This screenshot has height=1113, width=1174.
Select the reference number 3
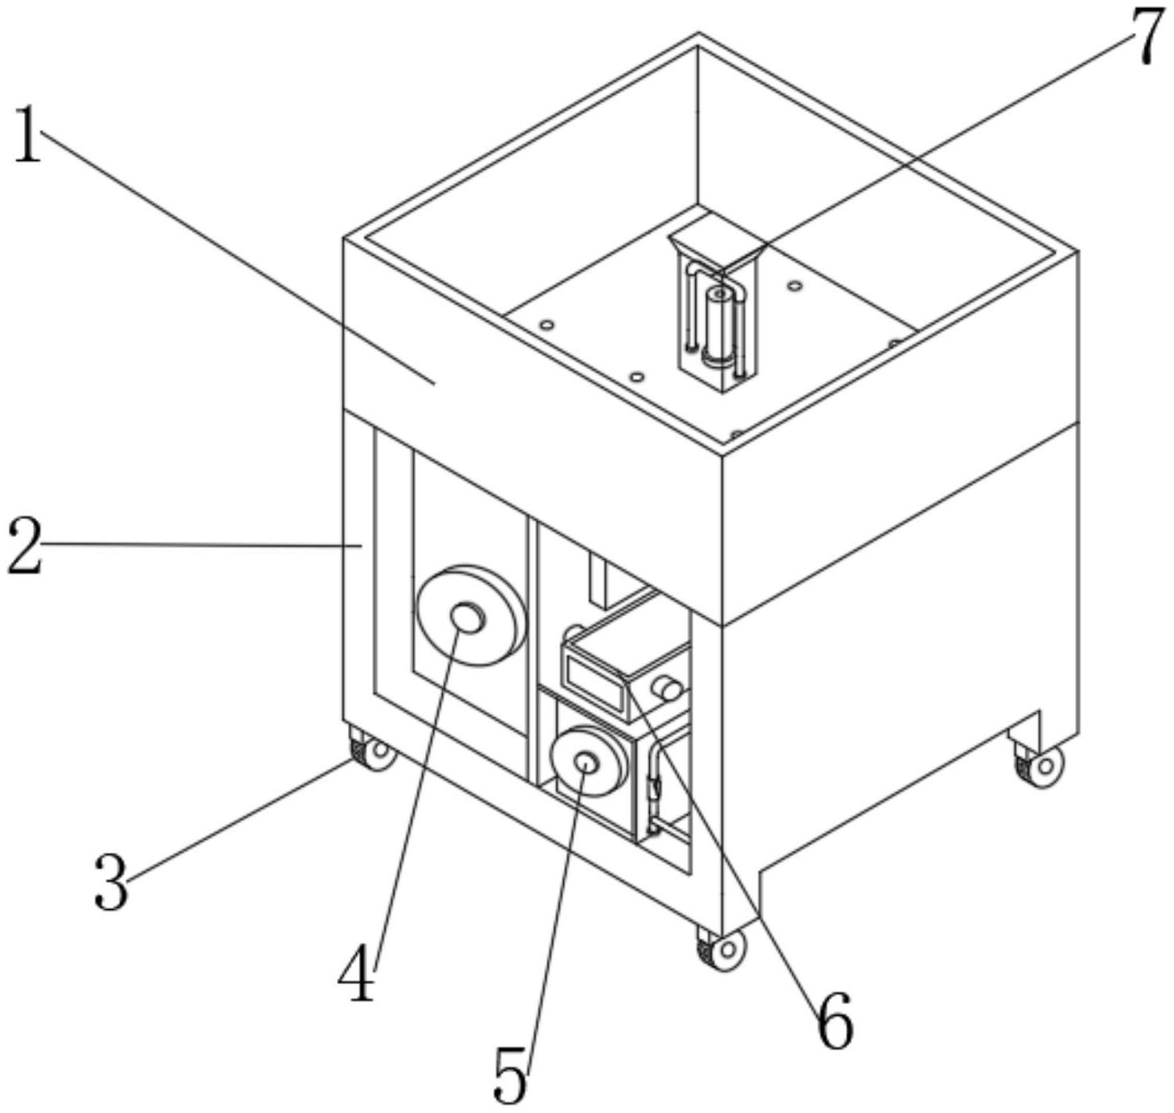(x=111, y=882)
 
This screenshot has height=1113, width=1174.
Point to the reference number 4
(x=355, y=974)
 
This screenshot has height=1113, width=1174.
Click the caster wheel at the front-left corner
(x=373, y=751)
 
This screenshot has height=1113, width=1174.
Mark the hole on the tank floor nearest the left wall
(x=546, y=325)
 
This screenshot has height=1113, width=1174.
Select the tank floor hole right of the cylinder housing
(x=793, y=285)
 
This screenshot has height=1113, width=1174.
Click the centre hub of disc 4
(x=468, y=619)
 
